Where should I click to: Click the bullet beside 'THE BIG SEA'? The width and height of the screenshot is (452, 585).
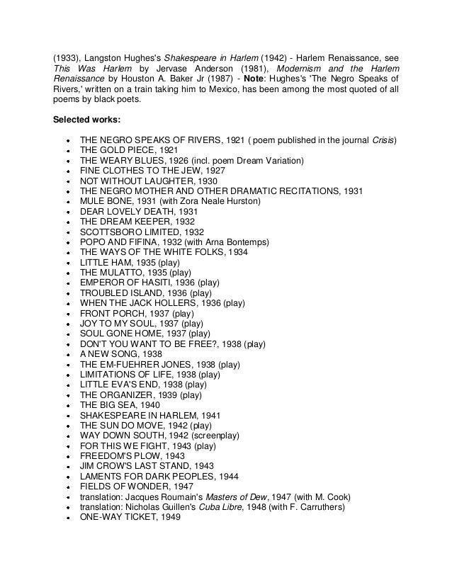click(66, 405)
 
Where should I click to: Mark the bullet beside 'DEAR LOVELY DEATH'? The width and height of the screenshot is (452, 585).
click(66, 212)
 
